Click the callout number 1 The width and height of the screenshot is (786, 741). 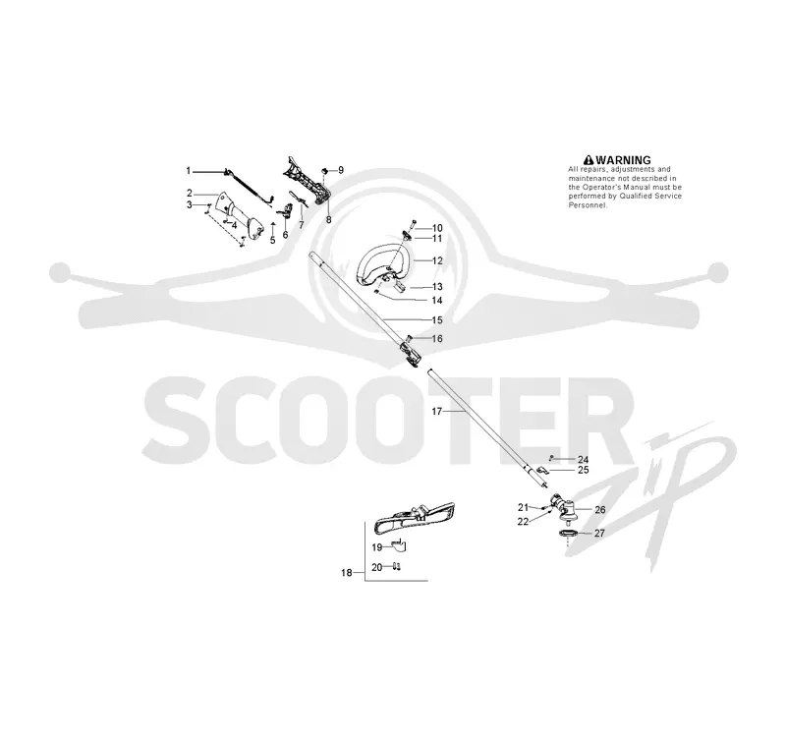coord(189,171)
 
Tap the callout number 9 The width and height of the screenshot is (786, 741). coord(341,170)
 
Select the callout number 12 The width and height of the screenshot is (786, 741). coord(437,260)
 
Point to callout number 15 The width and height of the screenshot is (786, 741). coord(437,319)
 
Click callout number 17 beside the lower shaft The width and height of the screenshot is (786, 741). coord(437,411)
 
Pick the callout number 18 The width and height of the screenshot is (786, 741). coord(347,573)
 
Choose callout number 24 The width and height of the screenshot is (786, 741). coord(583,459)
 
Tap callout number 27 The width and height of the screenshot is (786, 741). coord(599,533)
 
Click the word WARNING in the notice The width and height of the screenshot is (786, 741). coord(623,160)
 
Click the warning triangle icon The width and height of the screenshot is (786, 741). coord(589,160)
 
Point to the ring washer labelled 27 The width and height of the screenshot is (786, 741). coord(567,534)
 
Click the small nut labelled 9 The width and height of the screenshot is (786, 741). coord(325,171)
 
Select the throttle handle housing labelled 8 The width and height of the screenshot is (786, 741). coord(307,181)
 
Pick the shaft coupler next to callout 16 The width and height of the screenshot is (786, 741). coord(411,354)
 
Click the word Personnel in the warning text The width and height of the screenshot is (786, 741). coord(588,205)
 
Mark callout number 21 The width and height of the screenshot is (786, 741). coord(524,507)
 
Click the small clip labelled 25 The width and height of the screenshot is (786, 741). coord(543,470)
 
